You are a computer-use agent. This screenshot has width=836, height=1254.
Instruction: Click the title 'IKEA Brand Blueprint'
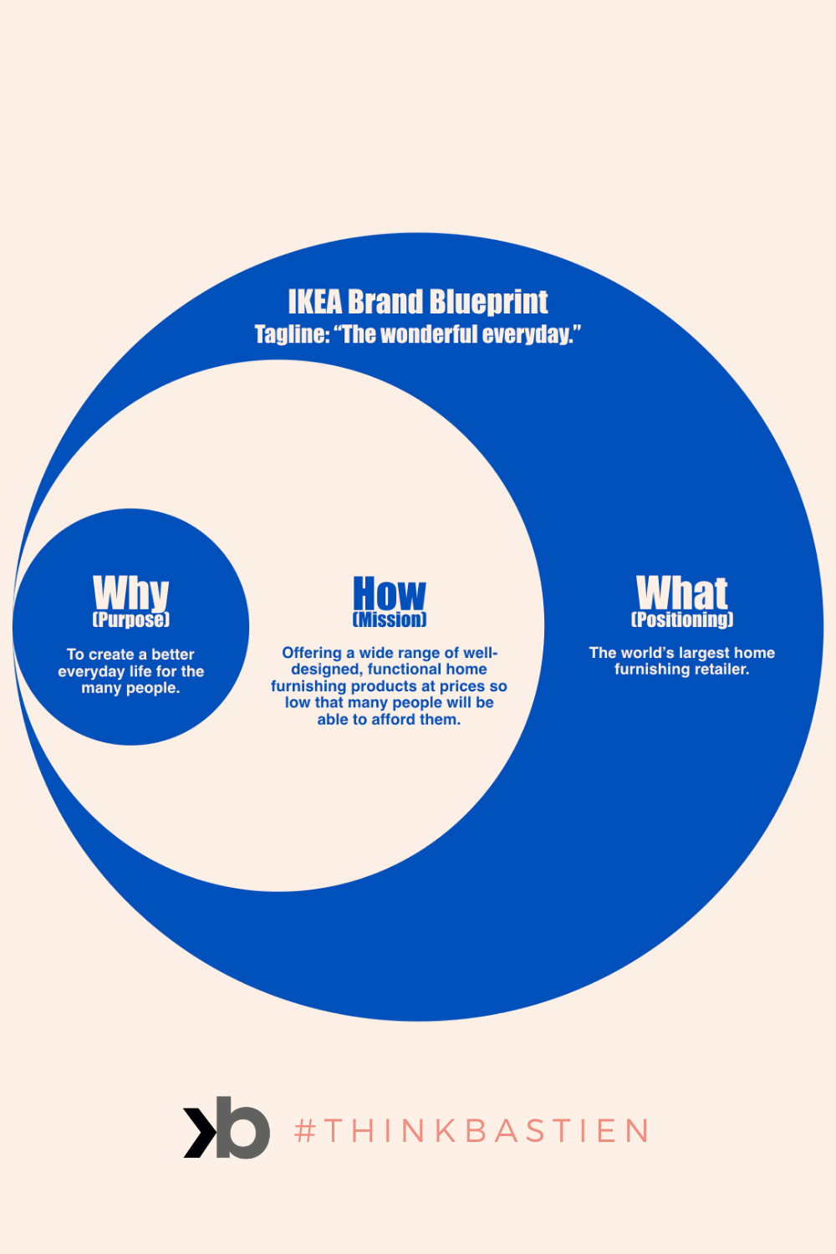pyautogui.click(x=418, y=302)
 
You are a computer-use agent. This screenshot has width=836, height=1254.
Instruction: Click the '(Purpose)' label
pyautogui.click(x=130, y=619)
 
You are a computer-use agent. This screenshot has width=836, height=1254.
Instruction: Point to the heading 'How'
pyautogui.click(x=390, y=594)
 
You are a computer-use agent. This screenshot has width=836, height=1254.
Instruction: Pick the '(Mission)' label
pyautogui.click(x=390, y=619)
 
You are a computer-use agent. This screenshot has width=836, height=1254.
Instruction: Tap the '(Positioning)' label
pyautogui.click(x=682, y=619)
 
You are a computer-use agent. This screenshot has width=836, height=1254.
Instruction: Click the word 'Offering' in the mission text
pyautogui.click(x=312, y=653)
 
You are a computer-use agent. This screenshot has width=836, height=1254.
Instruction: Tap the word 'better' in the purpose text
pyautogui.click(x=173, y=655)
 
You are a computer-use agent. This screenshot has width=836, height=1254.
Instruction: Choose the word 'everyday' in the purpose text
pyautogui.click(x=91, y=671)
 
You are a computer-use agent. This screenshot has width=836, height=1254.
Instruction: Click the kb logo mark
pyautogui.click(x=227, y=1128)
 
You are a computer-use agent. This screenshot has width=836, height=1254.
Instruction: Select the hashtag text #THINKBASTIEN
pyautogui.click(x=472, y=1131)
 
